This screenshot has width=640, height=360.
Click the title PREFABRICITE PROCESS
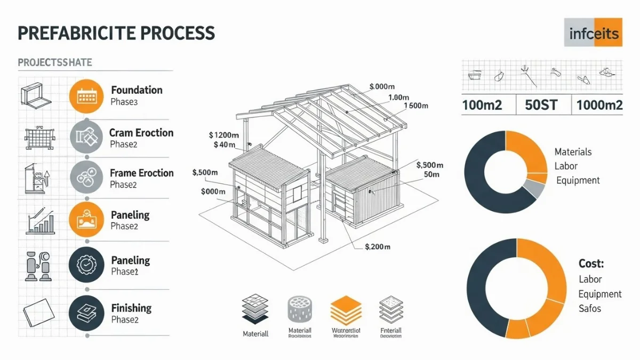(116, 33)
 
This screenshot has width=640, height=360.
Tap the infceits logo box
(593, 33)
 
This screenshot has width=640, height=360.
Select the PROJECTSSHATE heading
(55, 62)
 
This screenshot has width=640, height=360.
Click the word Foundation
(137, 90)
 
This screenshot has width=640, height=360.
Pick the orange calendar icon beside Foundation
(86, 96)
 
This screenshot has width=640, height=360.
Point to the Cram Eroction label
(141, 133)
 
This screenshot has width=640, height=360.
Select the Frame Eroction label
(141, 173)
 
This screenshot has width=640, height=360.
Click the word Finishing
(131, 308)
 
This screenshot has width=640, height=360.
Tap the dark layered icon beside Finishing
(86, 312)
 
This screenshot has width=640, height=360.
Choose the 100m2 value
(482, 105)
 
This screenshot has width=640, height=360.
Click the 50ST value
(541, 105)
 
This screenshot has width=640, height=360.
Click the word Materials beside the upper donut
(573, 152)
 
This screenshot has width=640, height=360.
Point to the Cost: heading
(591, 263)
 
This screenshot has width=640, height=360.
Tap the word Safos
(590, 308)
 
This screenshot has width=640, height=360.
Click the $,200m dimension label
(378, 247)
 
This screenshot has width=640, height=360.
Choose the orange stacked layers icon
(346, 309)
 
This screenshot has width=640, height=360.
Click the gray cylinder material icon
(300, 309)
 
